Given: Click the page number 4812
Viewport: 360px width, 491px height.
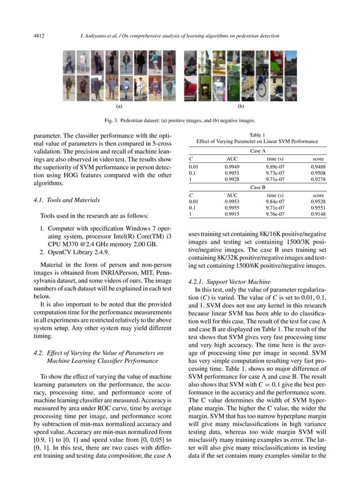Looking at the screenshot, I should tap(39, 37).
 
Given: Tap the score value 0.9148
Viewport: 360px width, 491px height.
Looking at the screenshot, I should tap(318, 214).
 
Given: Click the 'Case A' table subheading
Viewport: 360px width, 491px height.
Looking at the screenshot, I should tap(257, 152).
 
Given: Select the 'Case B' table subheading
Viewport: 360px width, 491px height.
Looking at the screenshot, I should tap(257, 187).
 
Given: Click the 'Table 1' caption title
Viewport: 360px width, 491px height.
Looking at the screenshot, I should tap(257, 135).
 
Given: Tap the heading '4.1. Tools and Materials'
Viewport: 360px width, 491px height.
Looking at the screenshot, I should tap(67, 200).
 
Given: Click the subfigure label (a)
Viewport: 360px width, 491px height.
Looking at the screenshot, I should tap(119, 106).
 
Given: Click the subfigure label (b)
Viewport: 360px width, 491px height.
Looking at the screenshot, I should tap(240, 106).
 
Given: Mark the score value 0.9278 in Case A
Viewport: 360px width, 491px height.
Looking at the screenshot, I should tap(318, 179).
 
